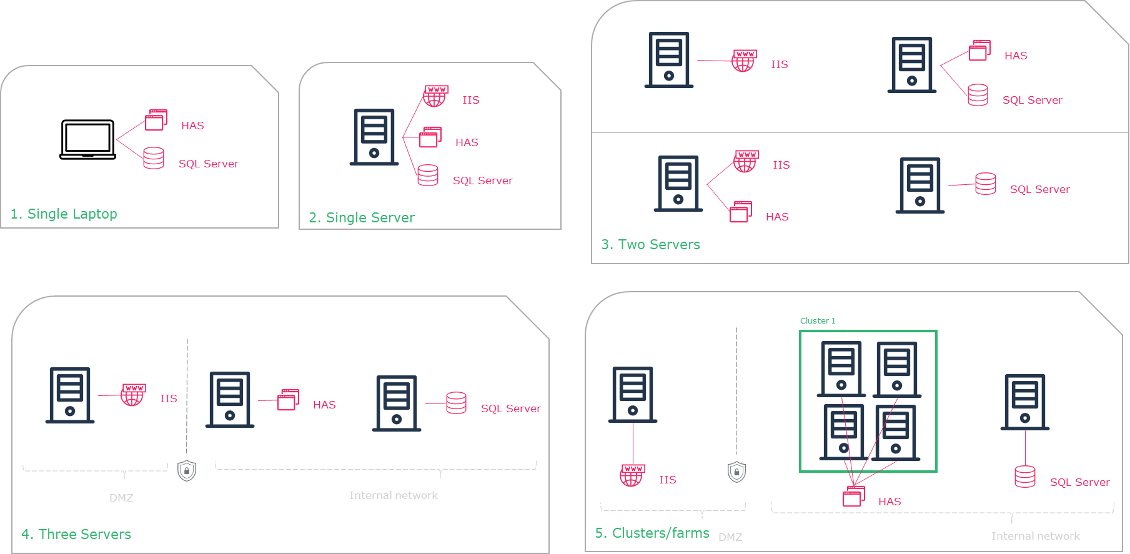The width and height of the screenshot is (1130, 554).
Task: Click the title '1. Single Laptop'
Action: tap(64, 214)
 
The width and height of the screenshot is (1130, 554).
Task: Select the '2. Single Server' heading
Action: tap(362, 217)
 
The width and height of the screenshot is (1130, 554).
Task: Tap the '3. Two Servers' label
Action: tap(650, 244)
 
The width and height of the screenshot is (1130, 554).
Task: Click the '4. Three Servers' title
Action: tap(76, 534)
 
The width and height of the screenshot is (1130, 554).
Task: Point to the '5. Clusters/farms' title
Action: tap(652, 533)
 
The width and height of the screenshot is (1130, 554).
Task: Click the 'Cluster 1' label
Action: tap(817, 320)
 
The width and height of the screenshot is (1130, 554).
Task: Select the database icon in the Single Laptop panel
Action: tap(154, 158)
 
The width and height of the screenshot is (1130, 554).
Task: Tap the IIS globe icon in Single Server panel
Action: tap(435, 96)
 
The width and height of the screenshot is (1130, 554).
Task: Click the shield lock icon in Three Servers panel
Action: tap(187, 470)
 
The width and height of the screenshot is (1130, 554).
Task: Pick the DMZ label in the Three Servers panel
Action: tap(121, 498)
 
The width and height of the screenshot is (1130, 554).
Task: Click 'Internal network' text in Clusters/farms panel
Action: tap(1035, 536)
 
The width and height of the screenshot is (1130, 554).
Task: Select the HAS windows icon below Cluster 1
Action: tap(854, 496)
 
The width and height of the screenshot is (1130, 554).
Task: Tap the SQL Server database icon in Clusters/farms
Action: tap(1025, 477)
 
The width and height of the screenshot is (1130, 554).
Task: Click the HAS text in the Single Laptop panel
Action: tap(192, 126)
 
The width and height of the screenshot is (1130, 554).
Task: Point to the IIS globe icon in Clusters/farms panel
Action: tap(632, 475)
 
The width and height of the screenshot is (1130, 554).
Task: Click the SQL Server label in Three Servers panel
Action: tap(510, 408)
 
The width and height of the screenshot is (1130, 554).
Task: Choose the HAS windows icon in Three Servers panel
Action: tap(288, 400)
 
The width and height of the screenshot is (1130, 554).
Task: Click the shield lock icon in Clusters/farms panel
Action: tap(737, 472)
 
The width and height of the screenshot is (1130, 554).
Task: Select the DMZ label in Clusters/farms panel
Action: tap(730, 537)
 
